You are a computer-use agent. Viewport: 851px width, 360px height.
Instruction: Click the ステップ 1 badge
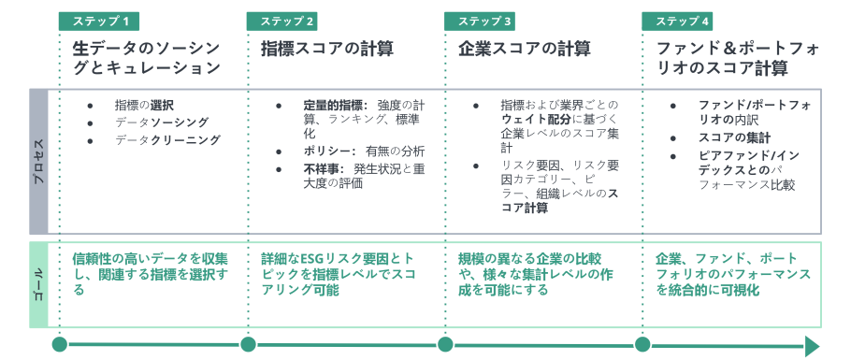coord(99,22)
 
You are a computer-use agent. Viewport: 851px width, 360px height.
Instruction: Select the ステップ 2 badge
coord(281,22)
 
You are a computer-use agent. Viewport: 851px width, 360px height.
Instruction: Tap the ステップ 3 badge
coord(480,22)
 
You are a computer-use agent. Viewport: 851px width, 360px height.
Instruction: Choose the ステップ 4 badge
coord(677,22)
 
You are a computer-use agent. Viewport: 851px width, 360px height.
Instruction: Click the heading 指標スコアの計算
coord(327,49)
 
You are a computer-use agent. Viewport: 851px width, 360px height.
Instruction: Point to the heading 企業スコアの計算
coord(525,49)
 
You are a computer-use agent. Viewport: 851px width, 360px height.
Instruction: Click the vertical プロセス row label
coord(38,162)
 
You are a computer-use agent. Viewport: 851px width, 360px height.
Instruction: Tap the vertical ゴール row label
coord(38,285)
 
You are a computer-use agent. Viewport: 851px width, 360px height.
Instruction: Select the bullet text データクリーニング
coord(167,140)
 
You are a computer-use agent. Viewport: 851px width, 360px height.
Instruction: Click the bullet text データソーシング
coord(162,122)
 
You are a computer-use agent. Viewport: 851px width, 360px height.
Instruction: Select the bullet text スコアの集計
coord(734,137)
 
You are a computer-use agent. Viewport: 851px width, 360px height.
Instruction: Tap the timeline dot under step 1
coord(60,344)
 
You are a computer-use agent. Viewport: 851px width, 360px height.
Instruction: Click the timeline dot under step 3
coord(445,344)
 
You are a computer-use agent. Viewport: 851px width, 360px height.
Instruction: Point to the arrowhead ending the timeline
coord(812,345)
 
